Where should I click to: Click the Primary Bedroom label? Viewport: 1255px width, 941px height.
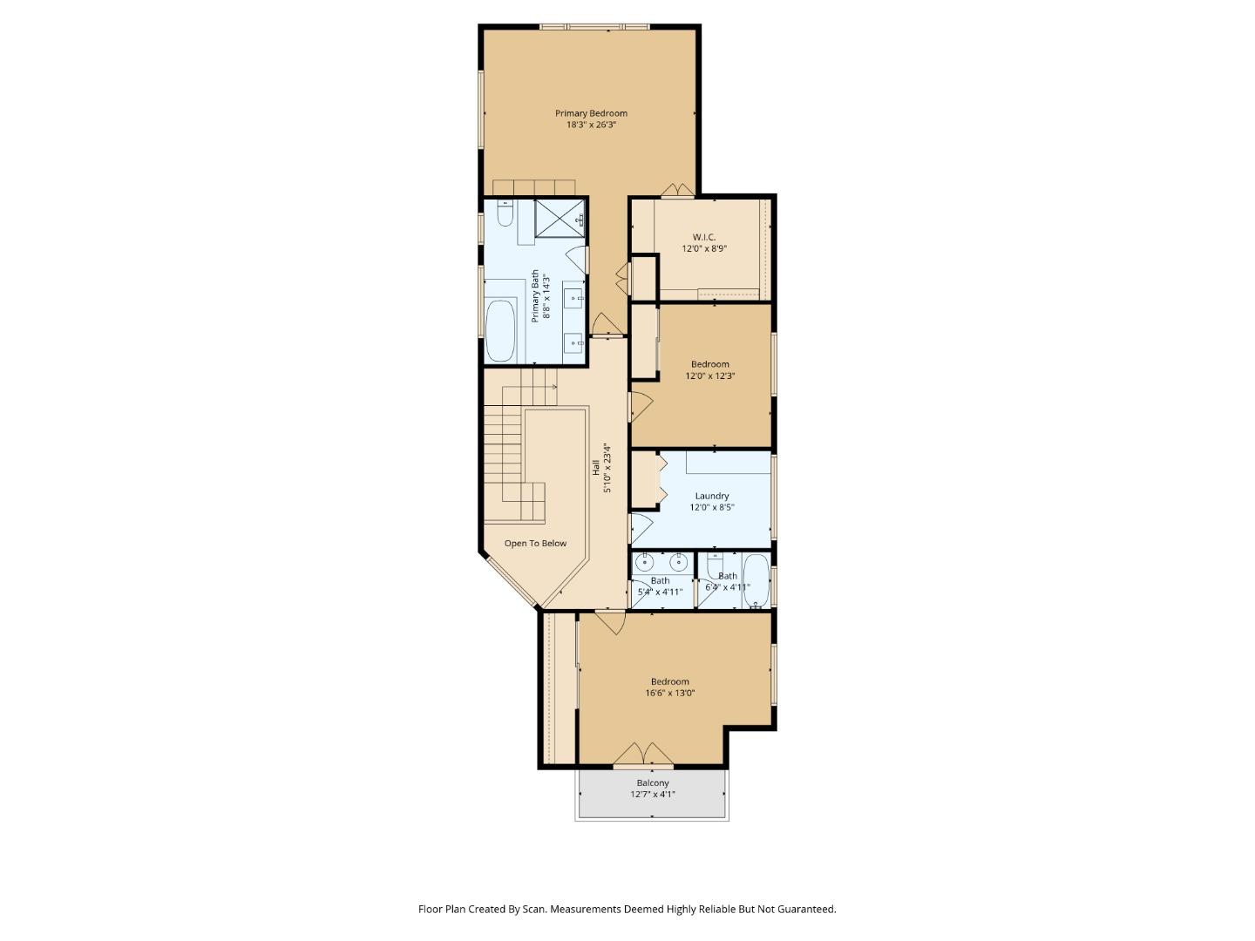(x=591, y=113)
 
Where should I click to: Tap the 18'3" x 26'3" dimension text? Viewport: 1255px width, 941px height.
(x=591, y=125)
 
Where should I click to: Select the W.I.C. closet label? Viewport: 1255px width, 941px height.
(x=703, y=237)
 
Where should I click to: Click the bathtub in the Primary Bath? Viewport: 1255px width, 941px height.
(x=500, y=330)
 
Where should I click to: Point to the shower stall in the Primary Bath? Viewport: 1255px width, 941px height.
(x=559, y=217)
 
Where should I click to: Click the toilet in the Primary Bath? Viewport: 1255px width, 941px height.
(x=505, y=213)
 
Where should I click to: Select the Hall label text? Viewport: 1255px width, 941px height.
(x=596, y=468)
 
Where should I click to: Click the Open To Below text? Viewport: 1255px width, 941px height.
(x=535, y=544)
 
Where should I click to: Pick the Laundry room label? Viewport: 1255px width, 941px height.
(x=712, y=496)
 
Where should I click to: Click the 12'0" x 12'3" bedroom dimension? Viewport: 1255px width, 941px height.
(x=710, y=376)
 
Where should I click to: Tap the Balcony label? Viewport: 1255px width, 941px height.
(x=652, y=783)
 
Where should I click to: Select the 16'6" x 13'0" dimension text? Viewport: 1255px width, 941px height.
(x=669, y=694)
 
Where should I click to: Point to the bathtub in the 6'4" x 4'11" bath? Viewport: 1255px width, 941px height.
(x=756, y=580)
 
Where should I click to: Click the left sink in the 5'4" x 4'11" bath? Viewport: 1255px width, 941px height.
(x=647, y=560)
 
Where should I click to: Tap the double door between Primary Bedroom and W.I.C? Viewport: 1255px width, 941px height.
(x=677, y=190)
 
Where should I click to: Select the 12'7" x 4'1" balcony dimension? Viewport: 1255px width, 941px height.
(x=652, y=795)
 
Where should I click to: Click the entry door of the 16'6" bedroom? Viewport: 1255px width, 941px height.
(x=610, y=622)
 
